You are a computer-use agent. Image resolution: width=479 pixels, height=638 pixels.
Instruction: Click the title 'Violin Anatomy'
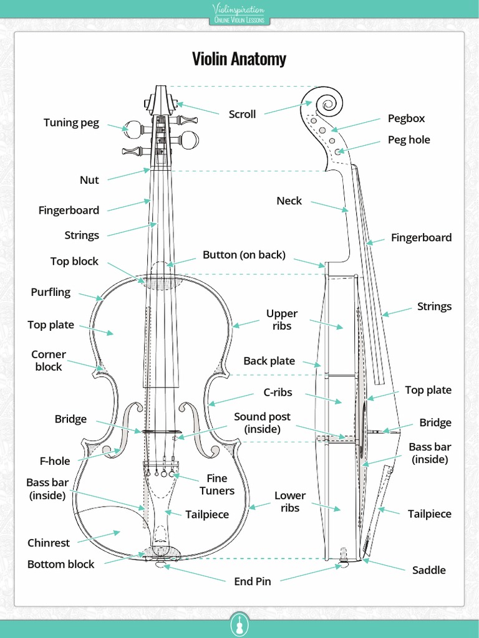point(239,59)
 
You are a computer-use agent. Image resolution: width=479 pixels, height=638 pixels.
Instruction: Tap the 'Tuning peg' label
point(71,123)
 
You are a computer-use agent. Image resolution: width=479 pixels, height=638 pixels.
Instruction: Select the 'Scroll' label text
point(242,114)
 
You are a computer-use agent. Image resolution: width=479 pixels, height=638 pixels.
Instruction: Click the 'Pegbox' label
point(406,118)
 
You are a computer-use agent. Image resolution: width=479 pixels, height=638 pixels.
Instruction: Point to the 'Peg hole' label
point(409,140)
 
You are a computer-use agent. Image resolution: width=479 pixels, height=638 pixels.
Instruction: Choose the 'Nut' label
point(89,180)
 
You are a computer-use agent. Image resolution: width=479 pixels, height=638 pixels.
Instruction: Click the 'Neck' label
point(289,201)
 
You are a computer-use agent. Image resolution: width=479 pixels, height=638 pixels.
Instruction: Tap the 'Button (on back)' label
point(244,254)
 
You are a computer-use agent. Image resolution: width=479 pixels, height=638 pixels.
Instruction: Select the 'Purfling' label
point(51,292)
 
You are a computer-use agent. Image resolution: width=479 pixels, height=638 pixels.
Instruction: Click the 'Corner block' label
point(49,360)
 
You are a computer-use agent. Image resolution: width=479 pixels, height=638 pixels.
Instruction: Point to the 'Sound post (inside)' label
point(262,422)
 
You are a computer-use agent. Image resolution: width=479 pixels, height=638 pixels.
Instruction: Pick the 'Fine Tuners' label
point(217,484)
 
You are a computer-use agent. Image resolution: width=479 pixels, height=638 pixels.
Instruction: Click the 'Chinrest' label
point(49,543)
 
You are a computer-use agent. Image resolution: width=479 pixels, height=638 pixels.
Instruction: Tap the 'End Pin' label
point(253,581)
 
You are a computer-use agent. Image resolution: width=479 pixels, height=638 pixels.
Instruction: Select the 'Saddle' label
point(429,569)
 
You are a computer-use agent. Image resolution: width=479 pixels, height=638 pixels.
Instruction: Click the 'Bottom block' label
point(60,564)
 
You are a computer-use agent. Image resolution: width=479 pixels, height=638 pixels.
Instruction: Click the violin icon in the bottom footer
point(239,624)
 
